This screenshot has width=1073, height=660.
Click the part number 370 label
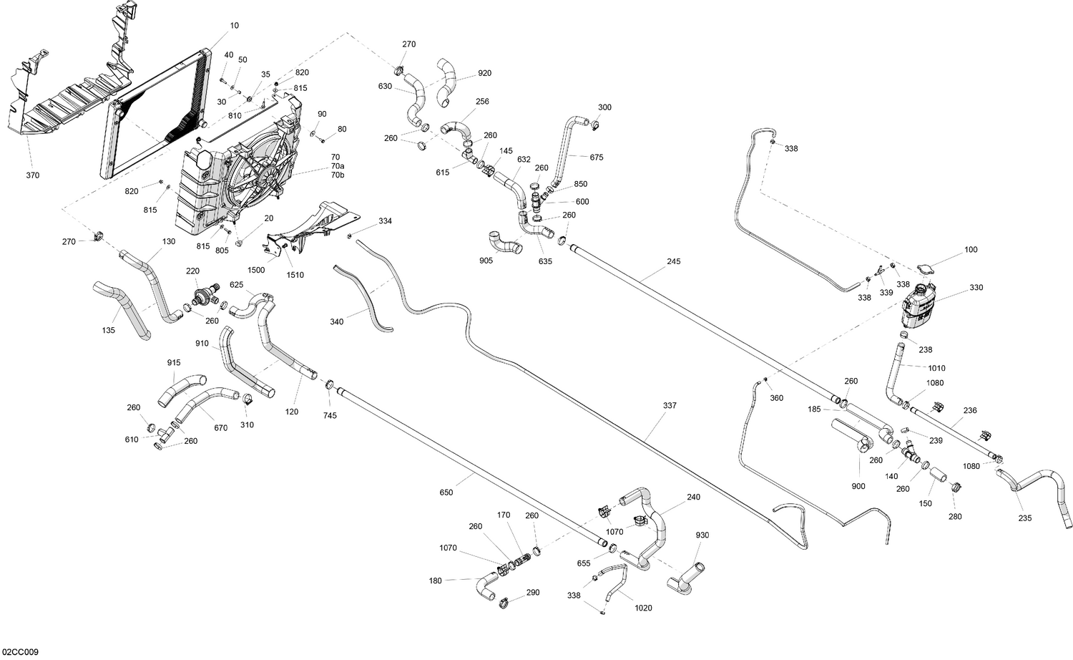33,175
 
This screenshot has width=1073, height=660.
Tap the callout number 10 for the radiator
235,26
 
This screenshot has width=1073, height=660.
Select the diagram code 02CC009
20,652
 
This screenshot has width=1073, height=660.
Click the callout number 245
673,261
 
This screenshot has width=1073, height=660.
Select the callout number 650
446,492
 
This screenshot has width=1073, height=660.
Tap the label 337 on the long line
670,406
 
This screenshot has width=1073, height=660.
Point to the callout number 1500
256,270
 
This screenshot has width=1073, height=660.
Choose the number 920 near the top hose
484,73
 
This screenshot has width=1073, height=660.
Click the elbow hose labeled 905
505,243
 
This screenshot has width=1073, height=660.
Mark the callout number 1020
643,608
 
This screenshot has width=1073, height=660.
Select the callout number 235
1025,518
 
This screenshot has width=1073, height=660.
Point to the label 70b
337,175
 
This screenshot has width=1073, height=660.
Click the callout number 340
336,321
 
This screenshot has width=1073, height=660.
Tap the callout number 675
597,157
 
